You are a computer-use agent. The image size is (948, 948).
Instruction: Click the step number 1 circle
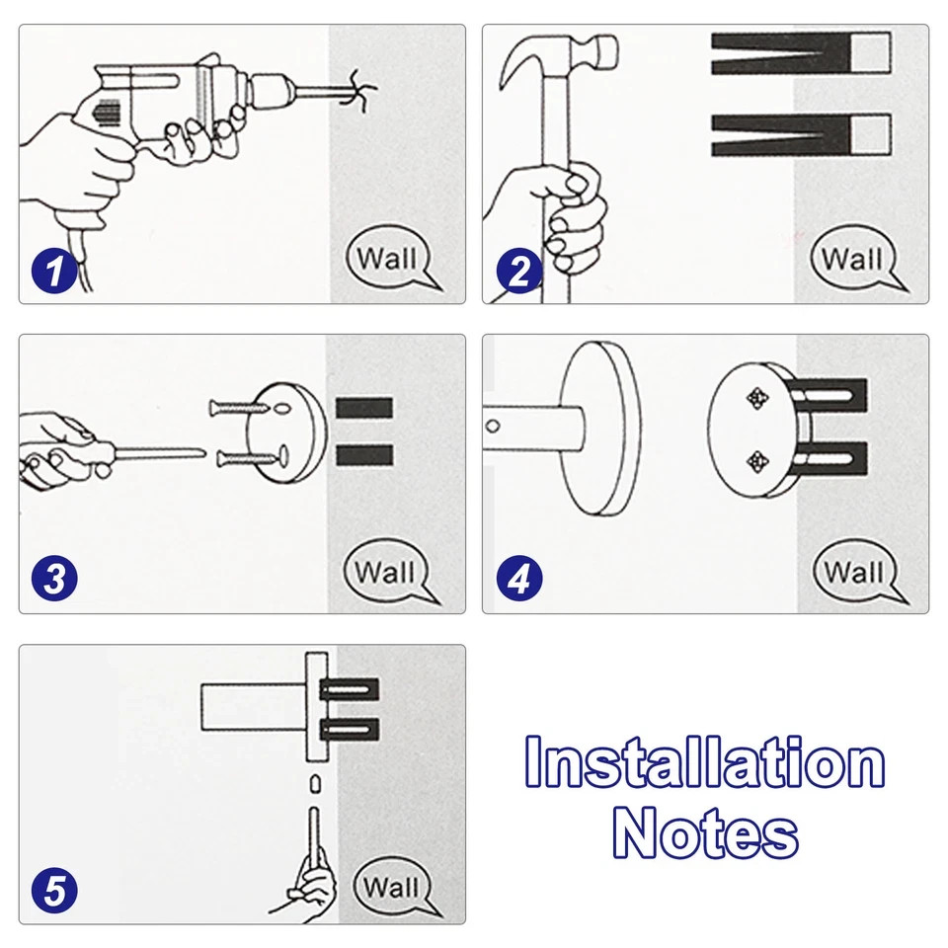(53, 270)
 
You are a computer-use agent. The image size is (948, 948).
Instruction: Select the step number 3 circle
(53, 579)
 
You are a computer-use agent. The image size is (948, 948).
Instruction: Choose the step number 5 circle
(53, 889)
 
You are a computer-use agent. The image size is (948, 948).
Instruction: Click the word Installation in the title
(704, 764)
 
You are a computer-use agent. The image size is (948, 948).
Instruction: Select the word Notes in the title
(705, 834)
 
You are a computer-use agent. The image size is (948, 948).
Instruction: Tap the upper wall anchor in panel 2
(800, 53)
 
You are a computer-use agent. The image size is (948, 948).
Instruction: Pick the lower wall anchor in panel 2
(800, 134)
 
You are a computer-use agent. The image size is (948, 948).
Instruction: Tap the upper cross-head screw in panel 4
(757, 398)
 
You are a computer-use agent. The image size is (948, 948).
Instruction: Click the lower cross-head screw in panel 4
(757, 459)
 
